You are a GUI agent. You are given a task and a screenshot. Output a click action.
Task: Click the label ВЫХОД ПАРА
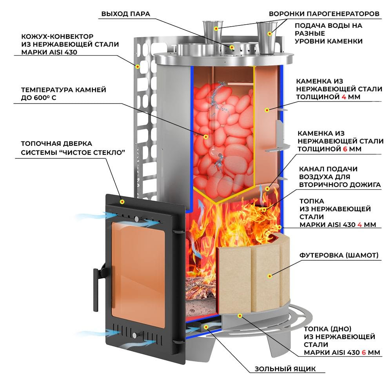(125, 14)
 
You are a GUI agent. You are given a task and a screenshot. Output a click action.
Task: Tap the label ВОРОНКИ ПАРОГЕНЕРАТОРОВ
(324, 14)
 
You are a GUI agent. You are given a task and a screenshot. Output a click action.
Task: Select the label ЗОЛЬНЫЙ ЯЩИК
(285, 369)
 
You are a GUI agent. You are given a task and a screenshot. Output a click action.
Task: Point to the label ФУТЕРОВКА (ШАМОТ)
(339, 255)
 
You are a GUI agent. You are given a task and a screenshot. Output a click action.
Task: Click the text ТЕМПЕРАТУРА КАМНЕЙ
(64, 90)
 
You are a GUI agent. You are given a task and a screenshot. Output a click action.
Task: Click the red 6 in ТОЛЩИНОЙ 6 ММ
(345, 149)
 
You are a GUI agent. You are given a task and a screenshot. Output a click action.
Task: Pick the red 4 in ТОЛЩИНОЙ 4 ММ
(344, 97)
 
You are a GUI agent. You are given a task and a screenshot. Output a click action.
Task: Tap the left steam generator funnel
(212, 31)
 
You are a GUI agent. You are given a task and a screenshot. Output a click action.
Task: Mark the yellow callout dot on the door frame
(122, 201)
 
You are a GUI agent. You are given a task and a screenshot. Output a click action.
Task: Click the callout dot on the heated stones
(206, 137)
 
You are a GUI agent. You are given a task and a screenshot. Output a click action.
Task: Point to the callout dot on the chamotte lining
(270, 276)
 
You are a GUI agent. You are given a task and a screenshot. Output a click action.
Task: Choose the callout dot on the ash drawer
(206, 327)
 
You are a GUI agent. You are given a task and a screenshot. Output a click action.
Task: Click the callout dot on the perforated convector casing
(137, 67)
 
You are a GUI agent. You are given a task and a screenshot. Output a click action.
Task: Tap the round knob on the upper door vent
(136, 219)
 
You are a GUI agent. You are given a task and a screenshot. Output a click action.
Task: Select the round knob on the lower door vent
(135, 335)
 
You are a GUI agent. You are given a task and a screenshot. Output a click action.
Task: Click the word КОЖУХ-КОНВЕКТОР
(57, 36)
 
